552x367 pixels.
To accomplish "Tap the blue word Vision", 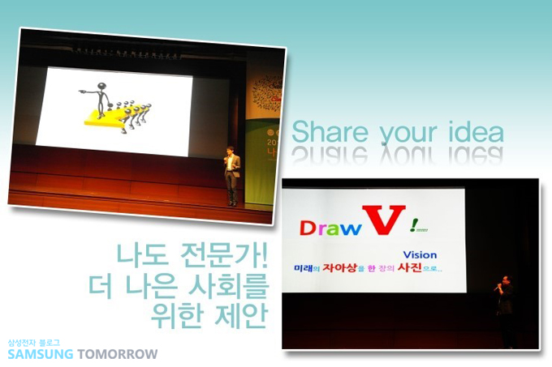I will pyautogui.click(x=421, y=253).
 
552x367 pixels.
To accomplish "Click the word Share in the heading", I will pyautogui.click(x=326, y=131).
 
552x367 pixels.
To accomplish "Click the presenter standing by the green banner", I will pyautogui.click(x=231, y=173).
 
